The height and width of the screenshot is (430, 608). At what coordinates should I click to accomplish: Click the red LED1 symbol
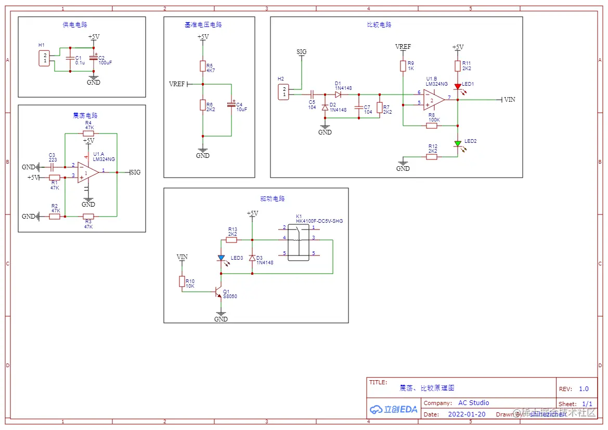pyautogui.click(x=458, y=87)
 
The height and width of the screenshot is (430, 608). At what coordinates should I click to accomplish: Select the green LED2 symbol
pyautogui.click(x=458, y=144)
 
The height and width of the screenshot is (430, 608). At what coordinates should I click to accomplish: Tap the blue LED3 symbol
pyautogui.click(x=221, y=258)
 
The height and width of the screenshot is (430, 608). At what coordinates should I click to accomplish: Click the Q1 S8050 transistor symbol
pyautogui.click(x=219, y=292)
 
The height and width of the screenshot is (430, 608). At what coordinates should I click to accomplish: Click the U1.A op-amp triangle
pyautogui.click(x=88, y=172)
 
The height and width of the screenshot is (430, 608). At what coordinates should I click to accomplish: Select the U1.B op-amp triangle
pyautogui.click(x=433, y=99)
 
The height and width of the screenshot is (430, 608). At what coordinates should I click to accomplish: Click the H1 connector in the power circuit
pyautogui.click(x=45, y=58)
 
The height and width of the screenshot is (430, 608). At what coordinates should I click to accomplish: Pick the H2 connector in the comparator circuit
pyautogui.click(x=284, y=92)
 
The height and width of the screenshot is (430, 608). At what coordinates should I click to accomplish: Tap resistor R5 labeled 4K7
pyautogui.click(x=203, y=66)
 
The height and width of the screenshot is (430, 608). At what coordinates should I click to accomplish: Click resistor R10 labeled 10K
pyautogui.click(x=182, y=281)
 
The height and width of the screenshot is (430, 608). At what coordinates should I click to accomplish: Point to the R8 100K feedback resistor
pyautogui.click(x=431, y=125)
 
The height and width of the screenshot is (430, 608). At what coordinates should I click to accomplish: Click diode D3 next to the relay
pyautogui.click(x=252, y=258)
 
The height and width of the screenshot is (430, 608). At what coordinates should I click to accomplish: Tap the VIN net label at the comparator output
pyautogui.click(x=509, y=100)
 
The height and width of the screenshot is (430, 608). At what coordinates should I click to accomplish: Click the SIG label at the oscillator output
pyautogui.click(x=135, y=172)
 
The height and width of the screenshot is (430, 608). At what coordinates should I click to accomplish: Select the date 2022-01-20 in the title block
pyautogui.click(x=467, y=414)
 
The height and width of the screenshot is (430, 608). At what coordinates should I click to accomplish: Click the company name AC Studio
pyautogui.click(x=473, y=403)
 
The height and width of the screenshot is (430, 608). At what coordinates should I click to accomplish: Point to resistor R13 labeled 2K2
pyautogui.click(x=232, y=240)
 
